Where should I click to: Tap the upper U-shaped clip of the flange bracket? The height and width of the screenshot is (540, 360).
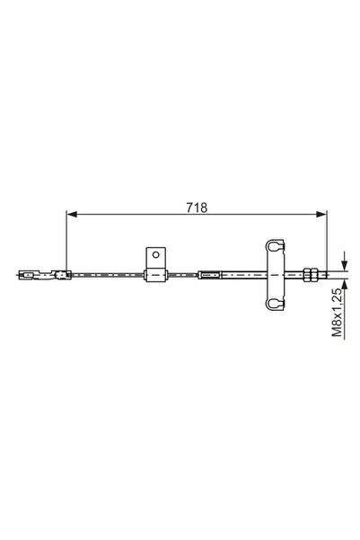point(276,244)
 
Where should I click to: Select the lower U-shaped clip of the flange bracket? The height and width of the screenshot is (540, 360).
point(276,303)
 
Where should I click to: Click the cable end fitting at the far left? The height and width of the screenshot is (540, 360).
point(31,274)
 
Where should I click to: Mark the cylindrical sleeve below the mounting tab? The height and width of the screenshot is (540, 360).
point(156,275)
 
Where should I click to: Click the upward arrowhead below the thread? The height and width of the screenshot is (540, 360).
point(343,283)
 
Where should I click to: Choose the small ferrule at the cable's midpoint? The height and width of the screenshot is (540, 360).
point(209,274)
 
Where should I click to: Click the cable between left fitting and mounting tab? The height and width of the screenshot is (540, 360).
point(108,274)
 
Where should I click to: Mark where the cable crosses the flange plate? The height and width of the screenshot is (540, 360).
point(276,274)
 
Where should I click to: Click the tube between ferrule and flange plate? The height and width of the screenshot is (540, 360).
point(242,274)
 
